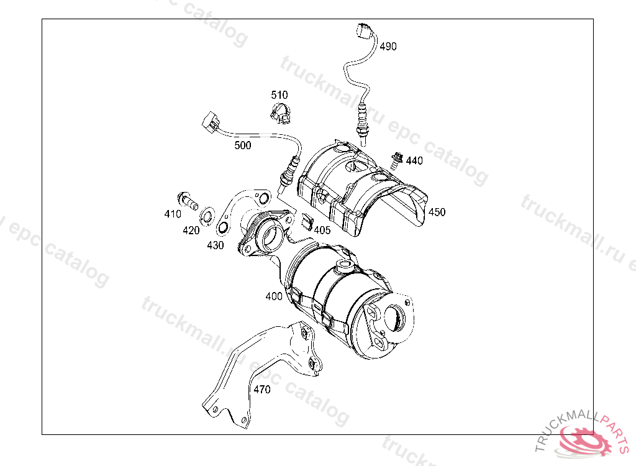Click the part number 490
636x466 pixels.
[388, 47]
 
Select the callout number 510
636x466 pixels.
[279, 95]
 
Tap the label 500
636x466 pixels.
[243, 145]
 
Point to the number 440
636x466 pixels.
[414, 161]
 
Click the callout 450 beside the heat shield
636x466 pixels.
[437, 212]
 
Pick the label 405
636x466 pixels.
[322, 230]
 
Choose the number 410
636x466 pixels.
[173, 214]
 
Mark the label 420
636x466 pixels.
[191, 231]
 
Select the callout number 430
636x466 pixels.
[216, 245]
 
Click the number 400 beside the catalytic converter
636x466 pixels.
[274, 296]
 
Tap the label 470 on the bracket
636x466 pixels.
[262, 390]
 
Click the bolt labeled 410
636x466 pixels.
[188, 201]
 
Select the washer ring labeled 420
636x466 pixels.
[207, 215]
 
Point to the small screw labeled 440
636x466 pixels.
[396, 160]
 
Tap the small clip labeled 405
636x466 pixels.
[307, 221]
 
